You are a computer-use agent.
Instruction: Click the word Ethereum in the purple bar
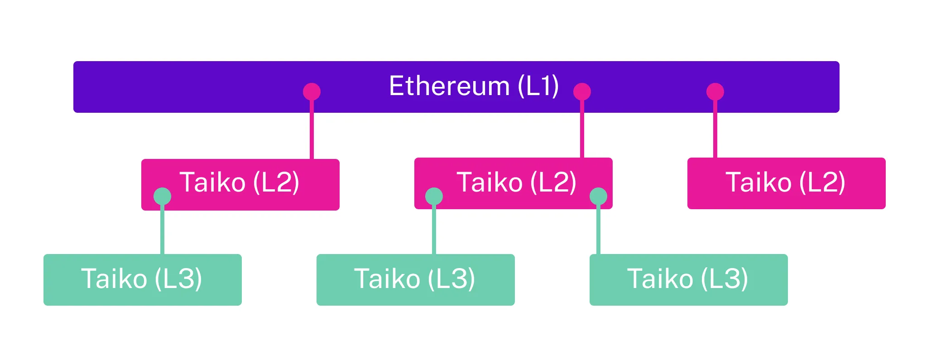pyautogui.click(x=449, y=86)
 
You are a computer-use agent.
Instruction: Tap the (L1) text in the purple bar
pyautogui.click(x=538, y=86)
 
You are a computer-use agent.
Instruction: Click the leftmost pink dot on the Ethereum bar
pyautogui.click(x=312, y=91)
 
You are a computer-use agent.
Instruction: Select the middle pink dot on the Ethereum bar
pyautogui.click(x=582, y=91)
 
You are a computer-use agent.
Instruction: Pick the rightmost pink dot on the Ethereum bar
pyautogui.click(x=715, y=91)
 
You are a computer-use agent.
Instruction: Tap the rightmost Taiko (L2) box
pyautogui.click(x=786, y=183)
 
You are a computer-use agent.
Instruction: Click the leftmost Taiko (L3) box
pyautogui.click(x=142, y=279)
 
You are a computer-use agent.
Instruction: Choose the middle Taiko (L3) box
pyautogui.click(x=415, y=279)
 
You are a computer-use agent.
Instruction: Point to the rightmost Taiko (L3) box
pyautogui.click(x=688, y=279)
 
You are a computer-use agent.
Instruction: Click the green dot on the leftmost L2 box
pyautogui.click(x=162, y=197)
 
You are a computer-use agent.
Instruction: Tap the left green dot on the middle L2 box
pyautogui.click(x=434, y=197)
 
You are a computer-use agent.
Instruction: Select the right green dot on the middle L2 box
pyautogui.click(x=598, y=197)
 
